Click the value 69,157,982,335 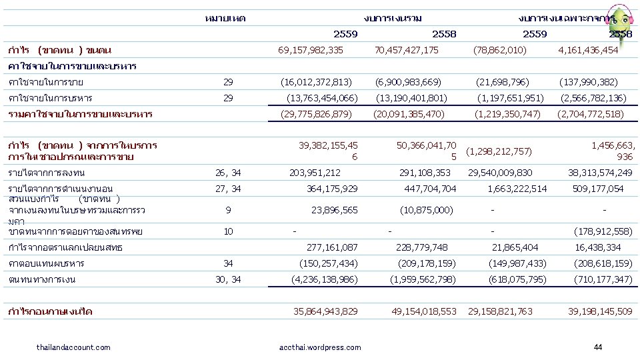311,50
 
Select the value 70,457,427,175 407,50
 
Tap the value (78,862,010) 500,50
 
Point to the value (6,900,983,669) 408,82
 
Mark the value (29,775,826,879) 317,114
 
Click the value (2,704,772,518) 591,114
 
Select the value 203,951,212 315,173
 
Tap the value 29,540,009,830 500,173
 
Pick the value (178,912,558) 603,231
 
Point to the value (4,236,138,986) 325,279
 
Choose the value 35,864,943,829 326,311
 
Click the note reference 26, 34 228,173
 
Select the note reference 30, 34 228,279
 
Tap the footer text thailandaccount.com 73,347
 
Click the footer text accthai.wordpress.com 320,347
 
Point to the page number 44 597,347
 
